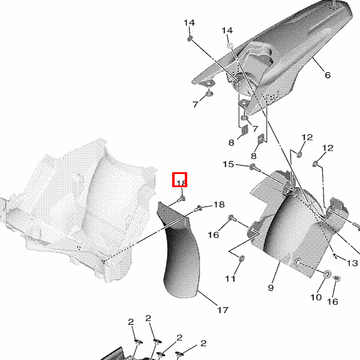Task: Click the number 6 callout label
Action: pos(328,75)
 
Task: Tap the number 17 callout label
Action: pos(223,310)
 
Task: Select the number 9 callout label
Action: pos(271,287)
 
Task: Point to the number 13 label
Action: pos(352,263)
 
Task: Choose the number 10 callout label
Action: pos(316,298)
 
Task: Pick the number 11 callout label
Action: pos(230,279)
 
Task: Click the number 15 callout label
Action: pos(228,164)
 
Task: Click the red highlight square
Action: pos(180,179)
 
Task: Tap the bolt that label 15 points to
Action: pos(255,168)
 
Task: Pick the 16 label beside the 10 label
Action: pos(333,301)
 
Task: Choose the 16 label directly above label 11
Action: pos(213,235)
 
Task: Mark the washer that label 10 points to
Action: pos(327,274)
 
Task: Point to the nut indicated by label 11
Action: pos(242,259)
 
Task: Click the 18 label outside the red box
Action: pos(219,205)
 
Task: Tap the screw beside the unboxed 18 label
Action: pos(198,209)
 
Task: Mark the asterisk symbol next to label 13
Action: pos(335,255)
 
